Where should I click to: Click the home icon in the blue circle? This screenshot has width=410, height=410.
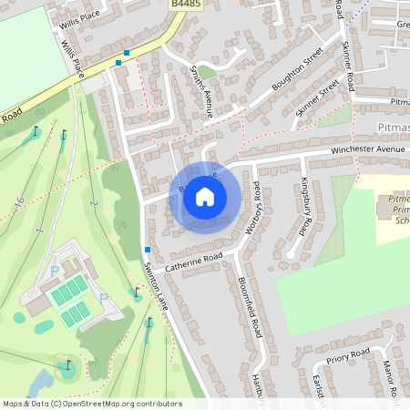coord(205,195)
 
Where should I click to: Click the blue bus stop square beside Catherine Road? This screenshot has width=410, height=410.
coord(147,250)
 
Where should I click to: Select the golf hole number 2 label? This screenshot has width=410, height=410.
coord(95,201)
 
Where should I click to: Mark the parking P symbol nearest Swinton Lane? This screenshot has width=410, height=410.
coord(102,298)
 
